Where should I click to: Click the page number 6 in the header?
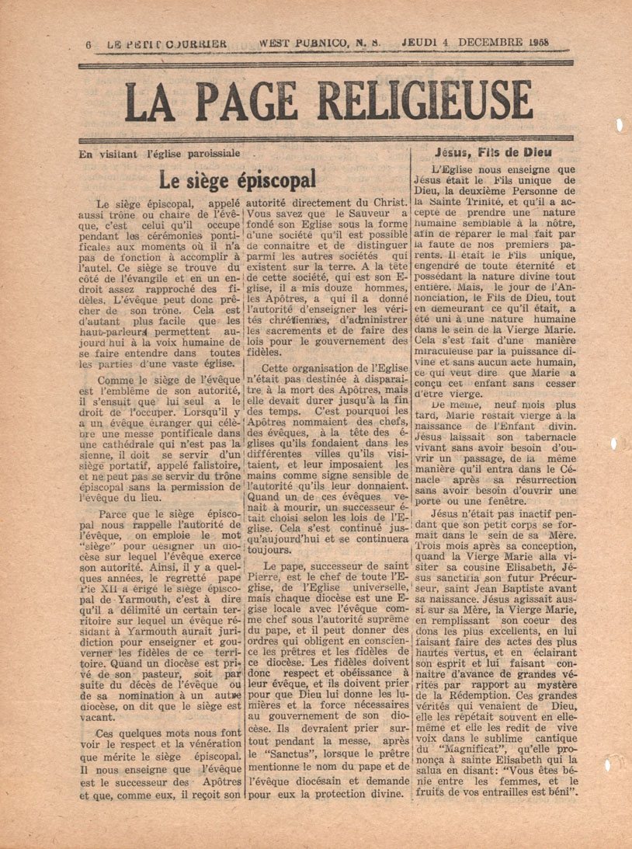coord(89,45)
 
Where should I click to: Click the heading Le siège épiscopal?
coord(237,180)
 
